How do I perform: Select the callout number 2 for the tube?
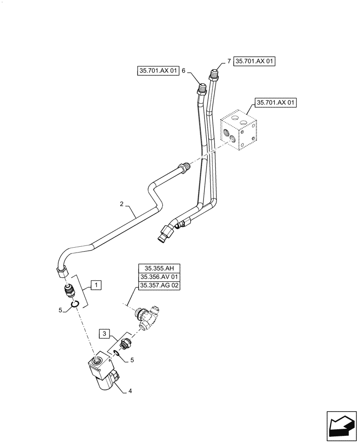pos(121,205)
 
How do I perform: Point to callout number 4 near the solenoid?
pos(130,391)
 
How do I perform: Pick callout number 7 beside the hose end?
pos(229,62)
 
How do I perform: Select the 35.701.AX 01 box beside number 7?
pos(254,62)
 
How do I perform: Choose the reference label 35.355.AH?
pos(160,268)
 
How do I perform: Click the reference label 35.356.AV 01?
pos(160,277)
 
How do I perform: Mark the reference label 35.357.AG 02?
pos(160,286)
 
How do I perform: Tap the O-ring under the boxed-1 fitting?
pos(75,303)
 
